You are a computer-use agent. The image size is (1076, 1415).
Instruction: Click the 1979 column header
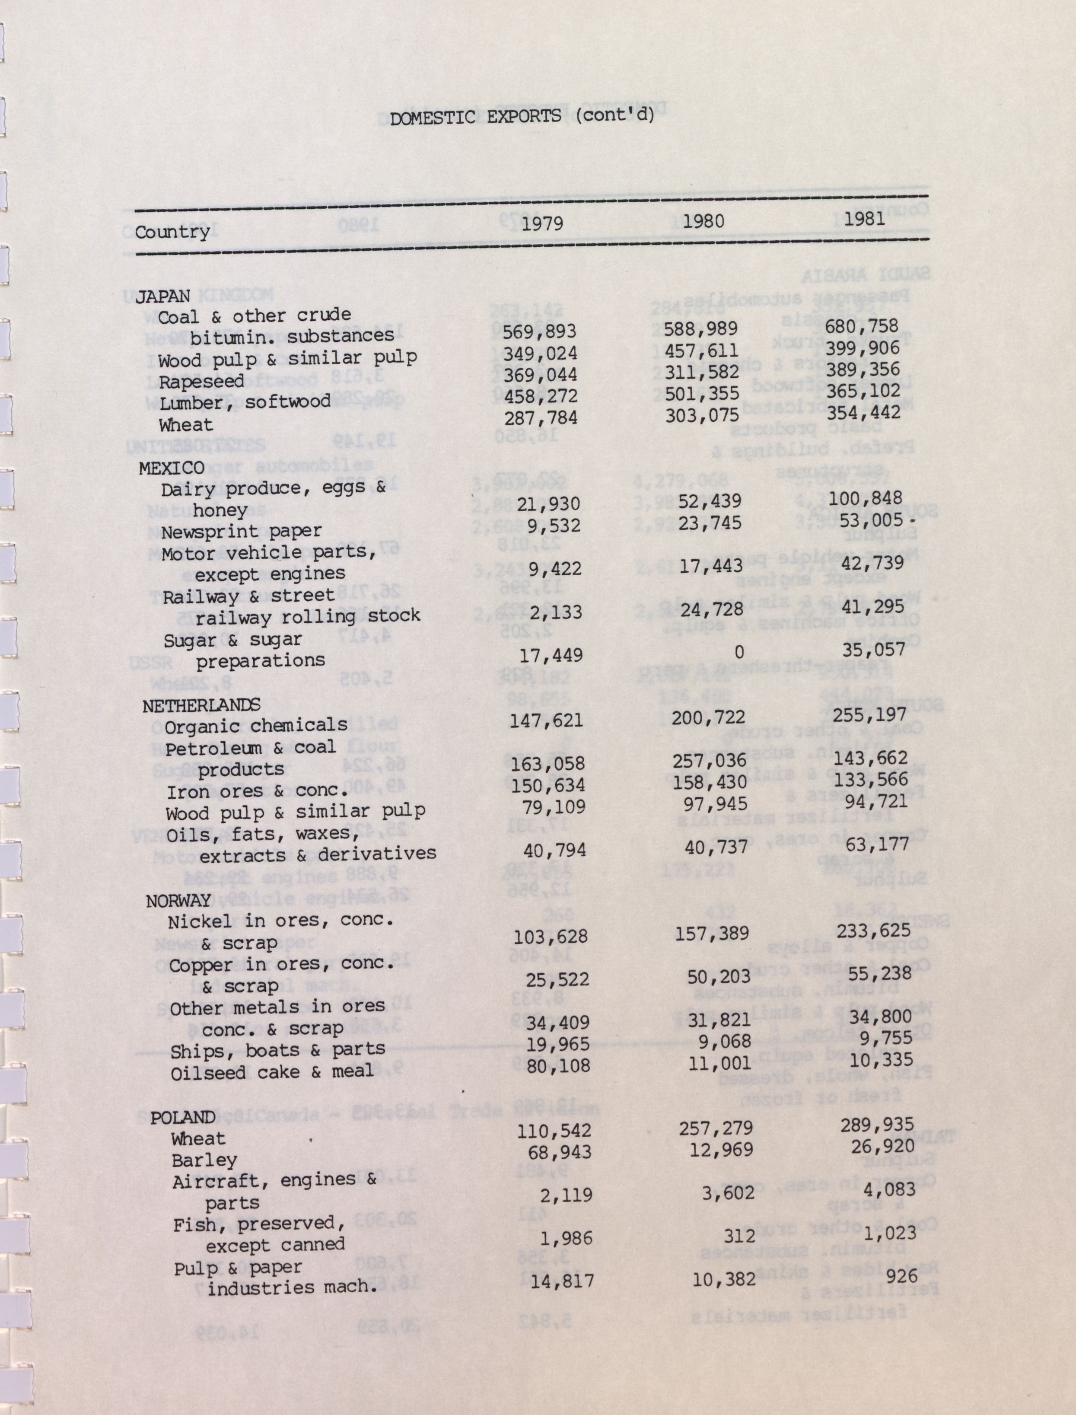pos(542,223)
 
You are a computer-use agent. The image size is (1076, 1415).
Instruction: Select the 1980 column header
pos(703,221)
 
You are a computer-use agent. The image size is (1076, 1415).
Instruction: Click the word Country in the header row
pos(172,232)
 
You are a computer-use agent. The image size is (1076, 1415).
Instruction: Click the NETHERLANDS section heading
pos(201,705)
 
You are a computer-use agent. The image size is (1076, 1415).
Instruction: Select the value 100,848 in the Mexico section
pos(865,498)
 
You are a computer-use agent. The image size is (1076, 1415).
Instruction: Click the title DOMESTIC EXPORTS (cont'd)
pos(522,117)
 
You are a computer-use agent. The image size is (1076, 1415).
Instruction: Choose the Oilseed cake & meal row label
pos(271,1072)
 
